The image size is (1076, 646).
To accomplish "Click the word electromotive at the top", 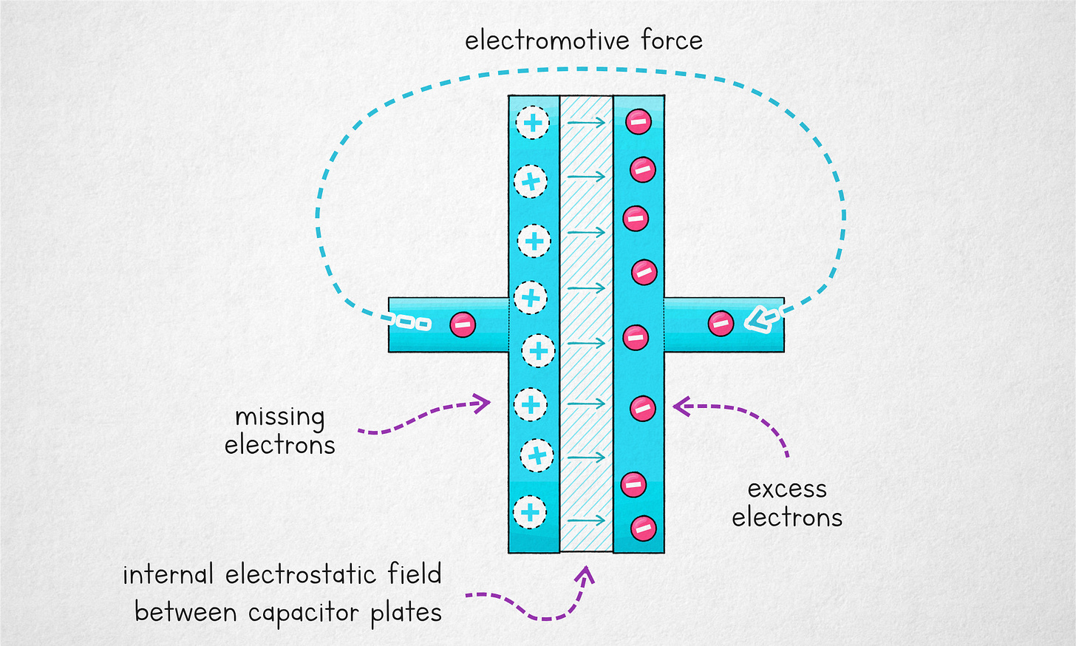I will pyautogui.click(x=548, y=41).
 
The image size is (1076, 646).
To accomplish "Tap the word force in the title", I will pyautogui.click(x=672, y=41).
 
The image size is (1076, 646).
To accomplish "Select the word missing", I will pyautogui.click(x=279, y=418).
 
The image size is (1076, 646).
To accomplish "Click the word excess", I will pyautogui.click(x=787, y=489).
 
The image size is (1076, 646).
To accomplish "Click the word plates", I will pyautogui.click(x=406, y=613).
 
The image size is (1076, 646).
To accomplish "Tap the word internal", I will pyautogui.click(x=168, y=574).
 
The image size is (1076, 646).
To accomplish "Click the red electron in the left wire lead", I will pyautogui.click(x=463, y=324).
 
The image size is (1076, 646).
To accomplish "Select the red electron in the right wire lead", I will pyautogui.click(x=721, y=323).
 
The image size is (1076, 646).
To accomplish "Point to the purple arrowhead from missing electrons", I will pyautogui.click(x=482, y=403).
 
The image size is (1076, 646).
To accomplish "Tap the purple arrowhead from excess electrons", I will pyautogui.click(x=681, y=406).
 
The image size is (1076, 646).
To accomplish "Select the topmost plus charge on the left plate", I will pyautogui.click(x=532, y=123).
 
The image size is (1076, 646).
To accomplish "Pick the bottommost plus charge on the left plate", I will pyautogui.click(x=529, y=511).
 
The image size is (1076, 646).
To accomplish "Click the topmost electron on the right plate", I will pyautogui.click(x=639, y=121).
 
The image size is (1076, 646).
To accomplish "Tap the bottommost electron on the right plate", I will pyautogui.click(x=643, y=528).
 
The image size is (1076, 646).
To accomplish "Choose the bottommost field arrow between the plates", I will pyautogui.click(x=588, y=520).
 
